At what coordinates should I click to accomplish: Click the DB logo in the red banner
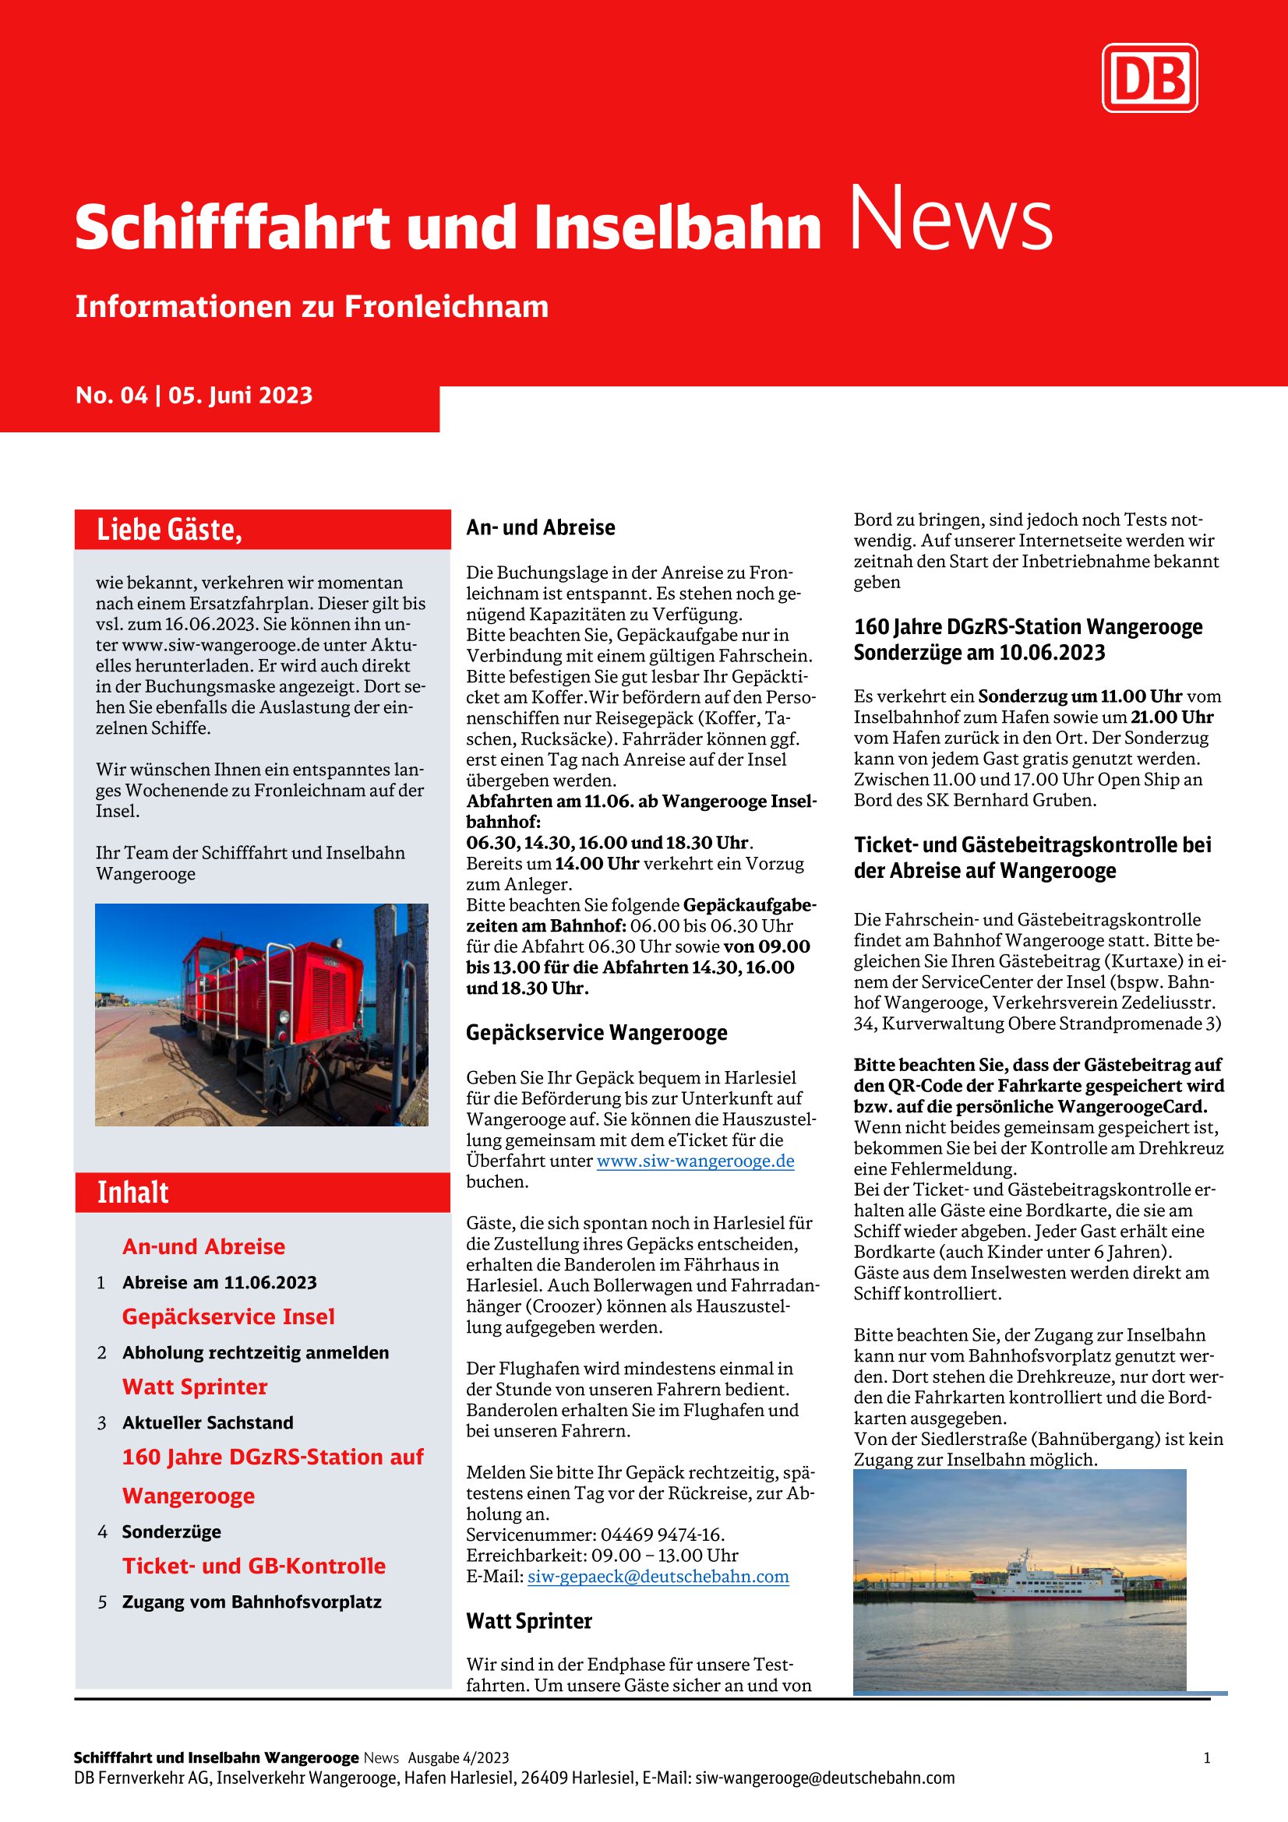pyautogui.click(x=1149, y=78)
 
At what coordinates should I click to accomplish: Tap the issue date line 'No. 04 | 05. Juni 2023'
pyautogui.click(x=195, y=395)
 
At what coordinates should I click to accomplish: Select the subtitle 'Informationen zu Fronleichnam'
pyautogui.click(x=312, y=306)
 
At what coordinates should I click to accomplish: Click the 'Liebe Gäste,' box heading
pyautogui.click(x=169, y=529)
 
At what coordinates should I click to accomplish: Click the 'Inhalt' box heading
pyautogui.click(x=132, y=1192)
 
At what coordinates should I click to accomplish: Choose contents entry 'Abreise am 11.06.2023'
pyautogui.click(x=219, y=1282)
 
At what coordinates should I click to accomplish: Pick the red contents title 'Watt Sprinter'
pyautogui.click(x=195, y=1387)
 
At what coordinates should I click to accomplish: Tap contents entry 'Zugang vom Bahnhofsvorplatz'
pyautogui.click(x=252, y=1602)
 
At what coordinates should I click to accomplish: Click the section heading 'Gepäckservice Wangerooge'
pyautogui.click(x=596, y=1032)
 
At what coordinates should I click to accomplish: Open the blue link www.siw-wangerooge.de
pyautogui.click(x=695, y=1161)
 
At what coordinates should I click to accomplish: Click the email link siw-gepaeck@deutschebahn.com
pyautogui.click(x=658, y=1576)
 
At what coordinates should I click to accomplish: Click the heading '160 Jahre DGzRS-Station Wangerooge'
pyautogui.click(x=1028, y=627)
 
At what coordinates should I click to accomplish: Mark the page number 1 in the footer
pyautogui.click(x=1206, y=1757)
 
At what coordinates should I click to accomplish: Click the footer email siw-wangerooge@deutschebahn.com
pyautogui.click(x=824, y=1778)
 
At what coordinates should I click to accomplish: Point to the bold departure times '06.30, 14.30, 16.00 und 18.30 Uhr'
pyautogui.click(x=607, y=842)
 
